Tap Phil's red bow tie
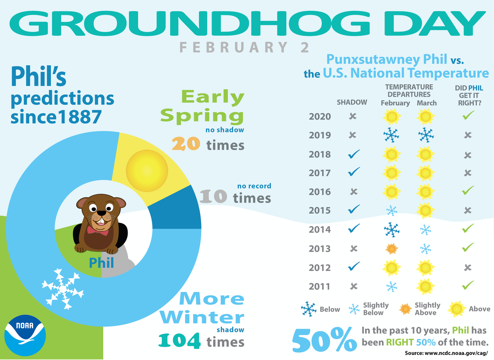(x=97, y=230)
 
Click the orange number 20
(x=186, y=144)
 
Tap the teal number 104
(x=179, y=341)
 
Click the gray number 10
(x=213, y=197)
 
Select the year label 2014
(x=320, y=230)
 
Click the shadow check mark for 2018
(x=354, y=154)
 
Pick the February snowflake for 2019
(x=391, y=135)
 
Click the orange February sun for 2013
(x=391, y=249)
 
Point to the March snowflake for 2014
(x=425, y=230)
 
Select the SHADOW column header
(x=352, y=102)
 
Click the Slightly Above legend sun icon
(x=405, y=309)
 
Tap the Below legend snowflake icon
(x=309, y=309)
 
